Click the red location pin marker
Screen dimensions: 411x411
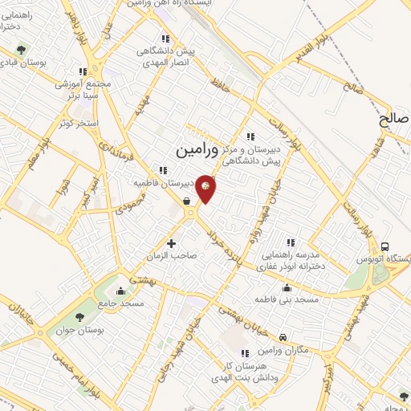tap(205, 188)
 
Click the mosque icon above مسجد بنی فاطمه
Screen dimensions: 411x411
tap(287, 288)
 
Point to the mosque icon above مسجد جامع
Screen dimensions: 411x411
tap(121, 291)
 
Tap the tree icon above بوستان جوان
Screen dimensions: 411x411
tap(79, 317)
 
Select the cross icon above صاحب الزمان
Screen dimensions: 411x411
tap(171, 242)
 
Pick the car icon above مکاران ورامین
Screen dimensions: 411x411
tap(283, 339)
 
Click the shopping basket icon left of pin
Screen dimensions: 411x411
tap(186, 202)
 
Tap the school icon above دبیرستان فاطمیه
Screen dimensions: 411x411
tap(164, 170)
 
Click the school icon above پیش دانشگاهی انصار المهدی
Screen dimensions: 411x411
tap(165, 38)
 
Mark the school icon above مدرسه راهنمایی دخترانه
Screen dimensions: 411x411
tap(291, 242)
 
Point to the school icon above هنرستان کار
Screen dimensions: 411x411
tap(245, 352)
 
